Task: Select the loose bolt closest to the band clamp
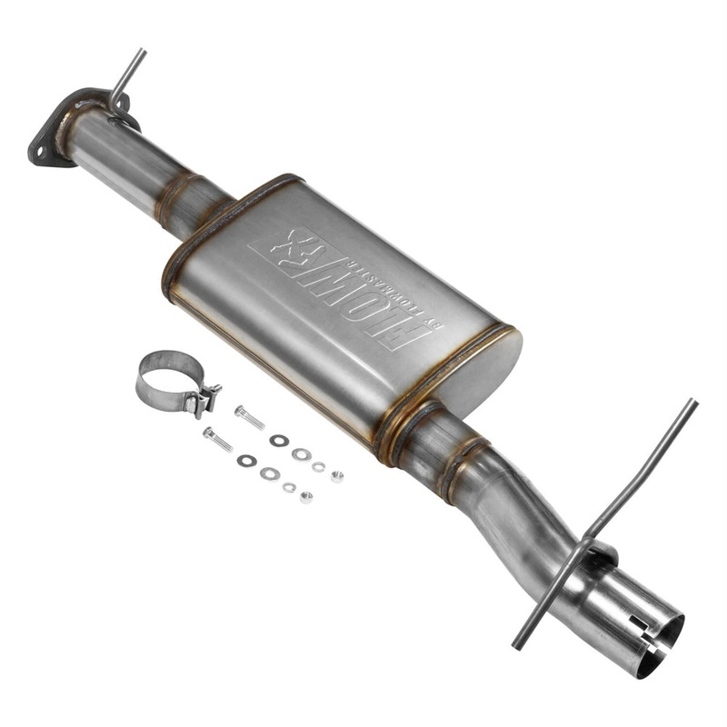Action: click(x=249, y=418)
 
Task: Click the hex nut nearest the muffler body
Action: click(x=337, y=475)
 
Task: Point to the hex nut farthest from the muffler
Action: click(x=306, y=497)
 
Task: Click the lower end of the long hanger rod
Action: click(x=517, y=644)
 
